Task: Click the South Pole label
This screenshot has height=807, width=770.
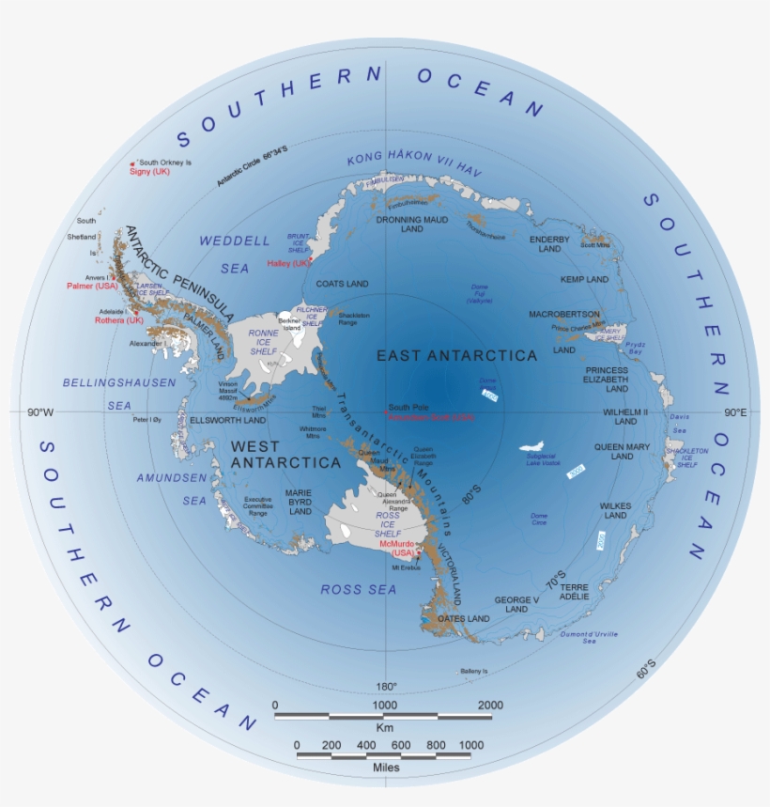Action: click(x=408, y=406)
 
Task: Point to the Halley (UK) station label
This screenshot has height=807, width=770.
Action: click(x=287, y=263)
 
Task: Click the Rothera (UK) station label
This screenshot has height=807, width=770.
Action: click(x=119, y=320)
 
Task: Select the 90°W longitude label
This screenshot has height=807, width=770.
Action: click(x=39, y=411)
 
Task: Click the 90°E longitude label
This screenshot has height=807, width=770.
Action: click(x=735, y=411)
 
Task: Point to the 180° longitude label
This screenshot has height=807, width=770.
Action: click(x=387, y=685)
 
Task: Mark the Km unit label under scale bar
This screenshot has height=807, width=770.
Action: click(x=383, y=727)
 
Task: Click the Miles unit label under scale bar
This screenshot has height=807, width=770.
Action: click(x=383, y=768)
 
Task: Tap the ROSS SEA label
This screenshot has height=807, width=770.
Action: click(x=359, y=589)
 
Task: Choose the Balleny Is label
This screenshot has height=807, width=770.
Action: click(x=474, y=671)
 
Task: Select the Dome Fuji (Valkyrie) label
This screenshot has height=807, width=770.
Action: click(x=479, y=295)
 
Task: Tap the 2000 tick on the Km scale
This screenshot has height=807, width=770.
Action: click(x=490, y=705)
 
